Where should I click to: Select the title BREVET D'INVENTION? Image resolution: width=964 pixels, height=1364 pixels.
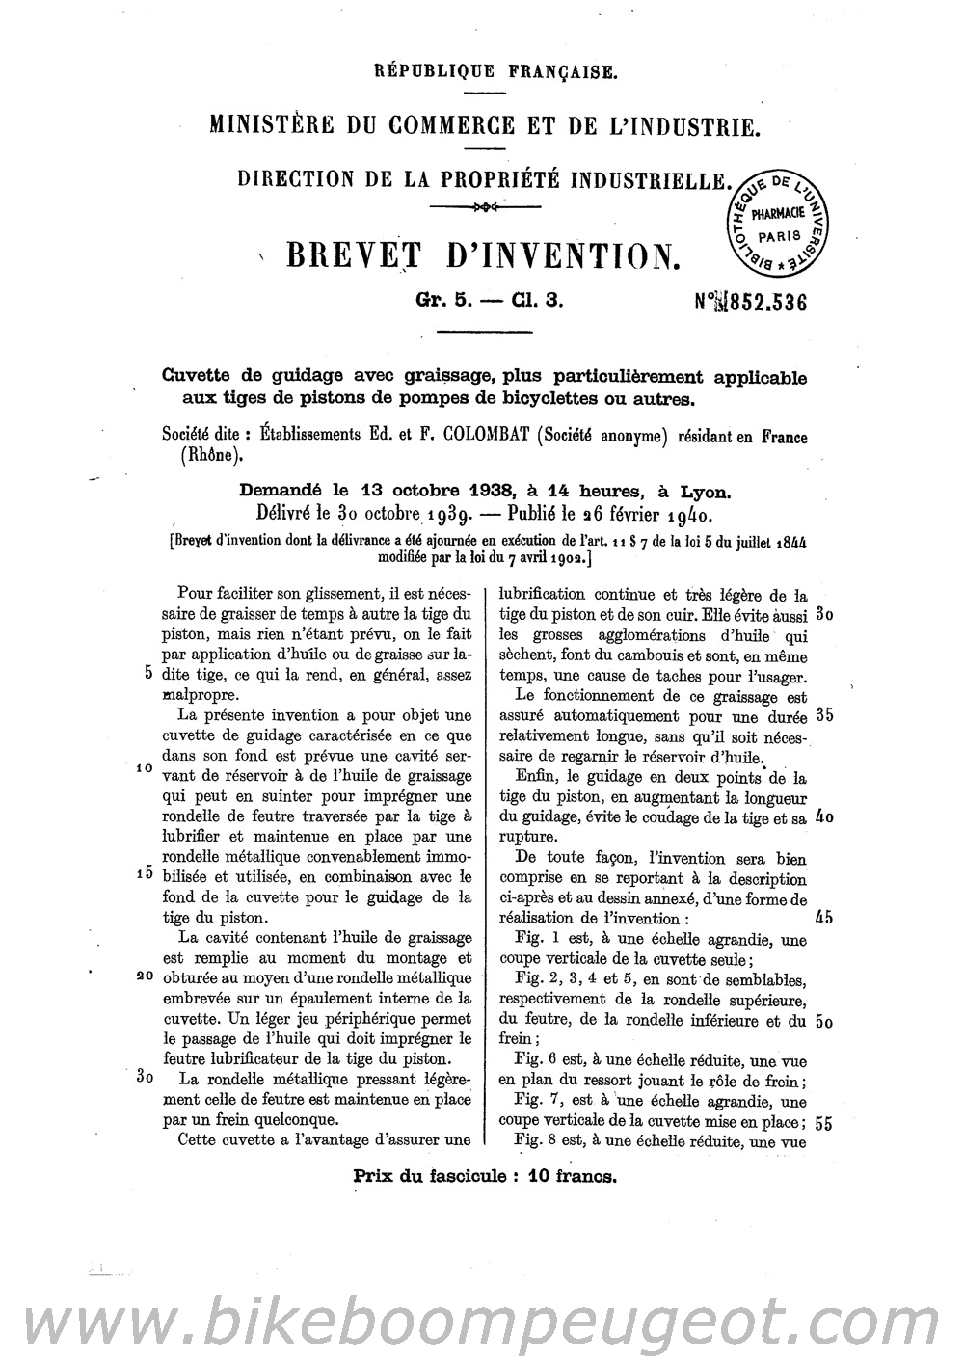(x=478, y=255)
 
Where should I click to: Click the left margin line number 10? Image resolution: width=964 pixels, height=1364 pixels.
(x=146, y=770)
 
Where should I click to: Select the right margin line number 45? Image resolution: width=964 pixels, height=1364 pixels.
(x=824, y=918)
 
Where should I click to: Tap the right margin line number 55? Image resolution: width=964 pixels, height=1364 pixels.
(x=824, y=1123)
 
